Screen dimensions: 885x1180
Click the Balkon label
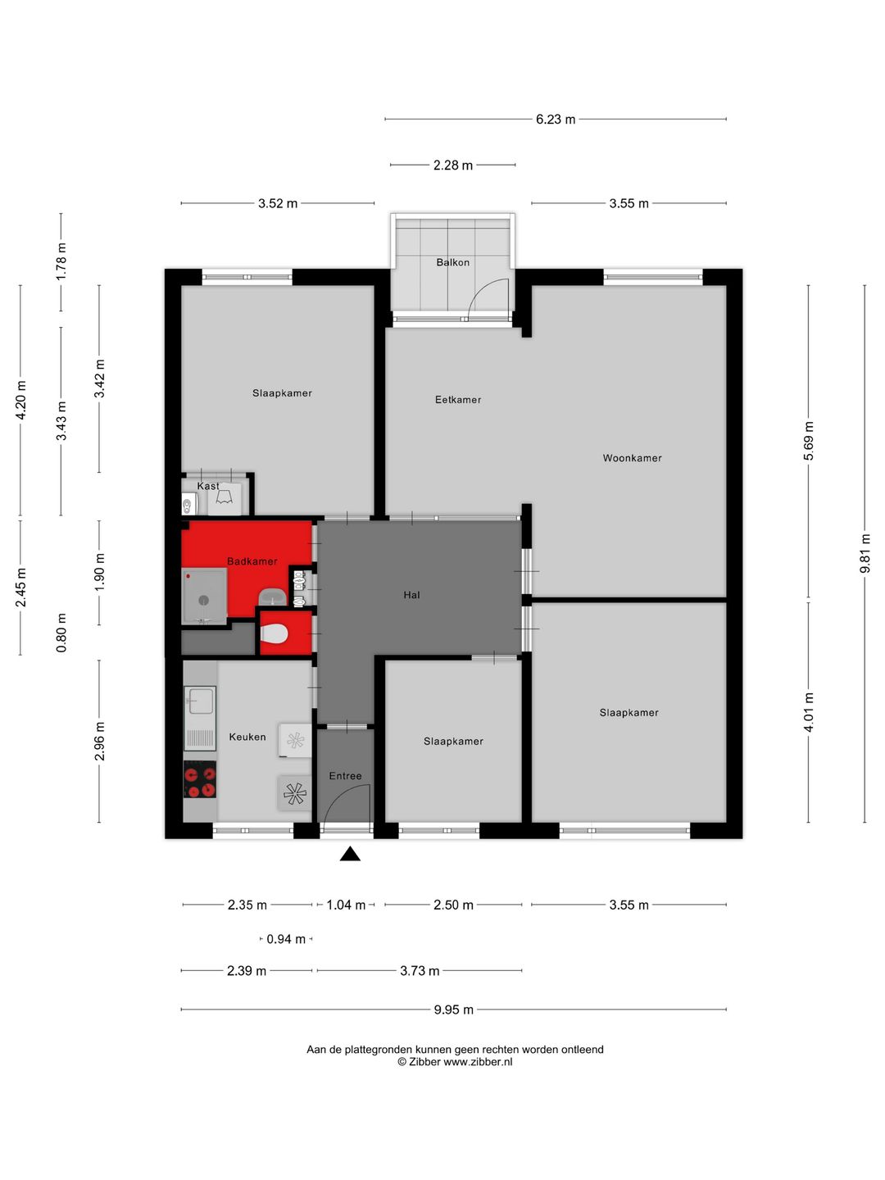pos(452,262)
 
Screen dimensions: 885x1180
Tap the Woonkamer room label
pos(632,458)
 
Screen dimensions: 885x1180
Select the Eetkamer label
pos(458,399)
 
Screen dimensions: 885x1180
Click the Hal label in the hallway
pos(411,595)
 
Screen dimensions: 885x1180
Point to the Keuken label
pos(247,737)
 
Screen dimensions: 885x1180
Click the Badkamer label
pos(252,561)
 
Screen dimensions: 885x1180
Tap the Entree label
pos(345,776)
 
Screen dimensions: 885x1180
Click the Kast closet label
pos(208,486)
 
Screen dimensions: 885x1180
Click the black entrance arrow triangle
pos(350,853)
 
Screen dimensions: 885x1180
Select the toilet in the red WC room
pos(274,633)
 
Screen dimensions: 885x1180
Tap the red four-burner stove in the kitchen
pos(200,779)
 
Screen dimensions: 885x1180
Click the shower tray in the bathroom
pos(204,597)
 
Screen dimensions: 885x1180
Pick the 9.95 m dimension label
pos(453,1010)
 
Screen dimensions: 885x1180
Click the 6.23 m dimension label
pos(555,120)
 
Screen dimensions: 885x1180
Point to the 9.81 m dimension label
pos(865,553)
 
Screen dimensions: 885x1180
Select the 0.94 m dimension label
pos(286,939)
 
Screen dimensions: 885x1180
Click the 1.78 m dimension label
pos(61,261)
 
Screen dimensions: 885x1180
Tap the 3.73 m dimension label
pos(420,971)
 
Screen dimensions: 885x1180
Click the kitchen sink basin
pos(200,701)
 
